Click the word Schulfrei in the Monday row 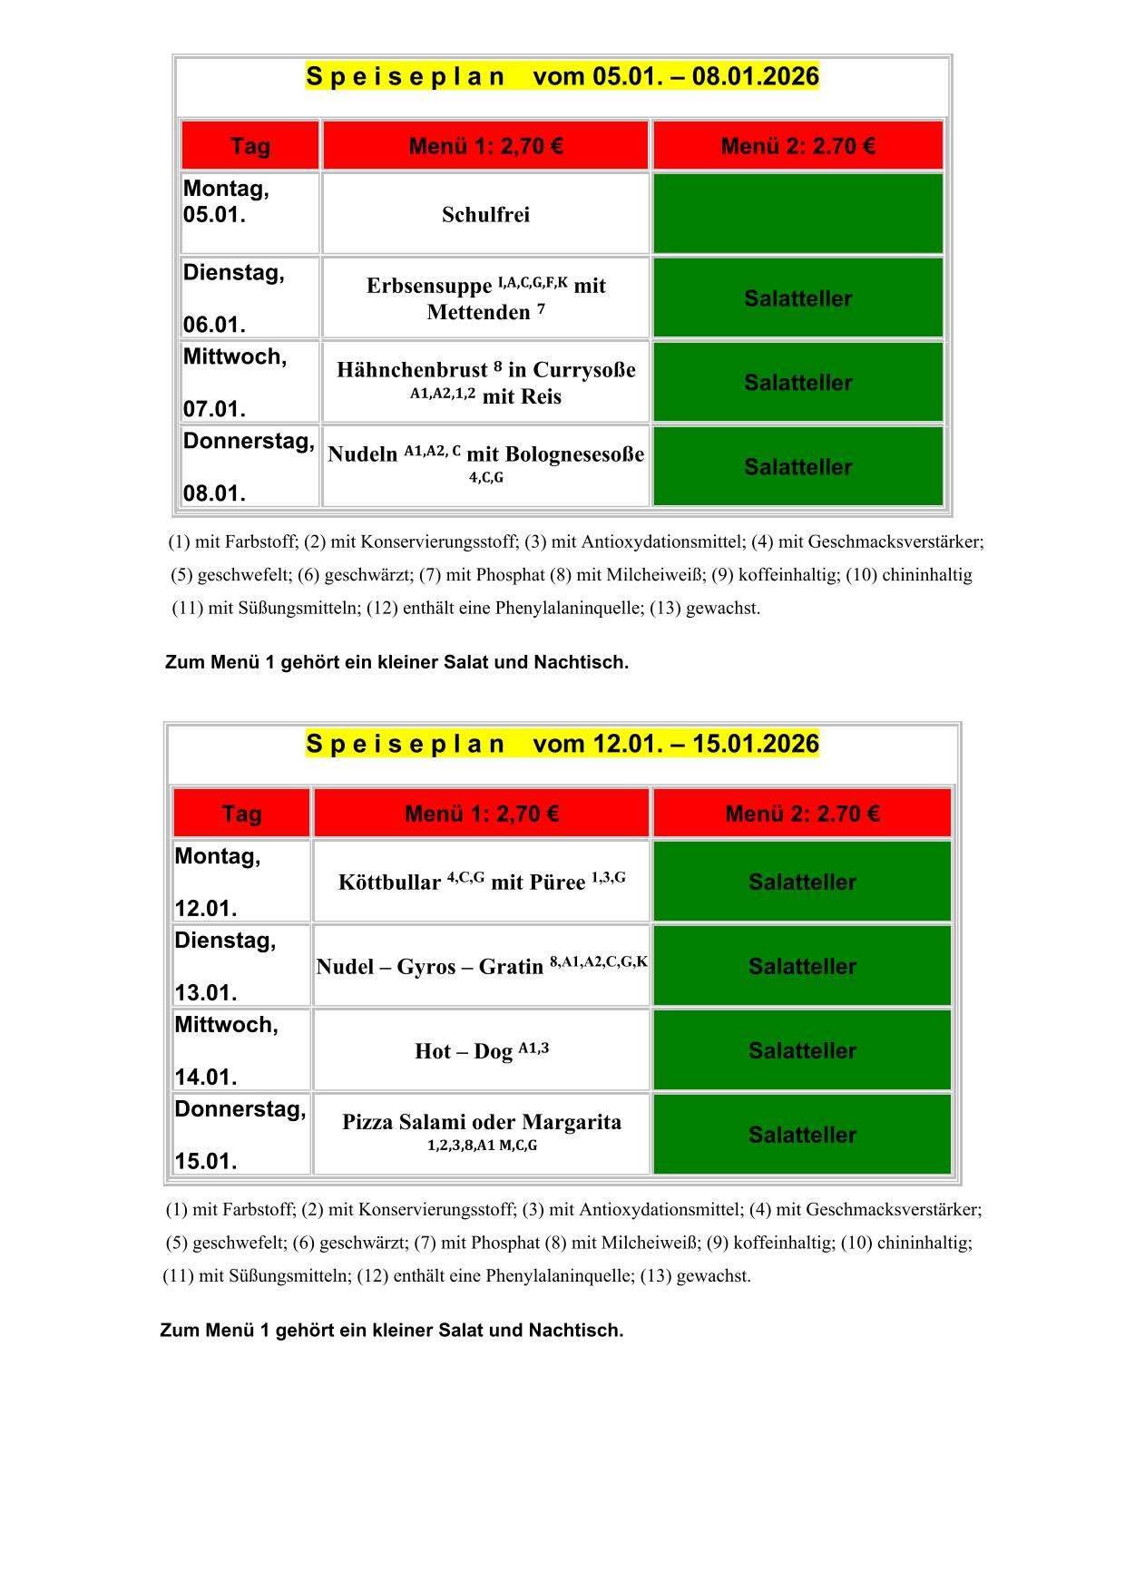pos(485,215)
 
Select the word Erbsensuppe pos(429,287)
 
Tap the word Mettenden pos(478,313)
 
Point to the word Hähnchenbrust pos(412,370)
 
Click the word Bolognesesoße pos(555,454)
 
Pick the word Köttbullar pos(389,883)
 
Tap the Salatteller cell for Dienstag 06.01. pos(797,298)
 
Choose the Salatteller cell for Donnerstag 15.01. pos(802,1135)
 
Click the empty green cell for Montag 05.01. pos(797,214)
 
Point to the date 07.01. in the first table pos(215,409)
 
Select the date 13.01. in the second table pos(206,992)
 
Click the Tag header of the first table pos(250,146)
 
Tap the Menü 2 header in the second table pos(802,814)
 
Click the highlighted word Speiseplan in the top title pos(406,77)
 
